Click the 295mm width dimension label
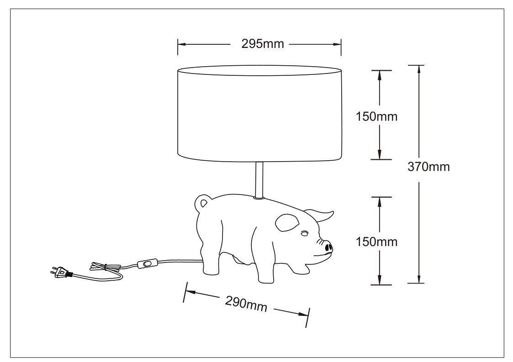pos(263,44)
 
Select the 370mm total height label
pos(428,167)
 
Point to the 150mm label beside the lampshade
pos(376,116)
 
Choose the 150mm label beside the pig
pos(376,241)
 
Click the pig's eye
pos(305,233)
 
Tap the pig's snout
pos(328,247)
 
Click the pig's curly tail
pos(201,202)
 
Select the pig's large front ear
pos(287,222)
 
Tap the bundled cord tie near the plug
pos(105,267)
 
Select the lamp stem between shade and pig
pos(259,180)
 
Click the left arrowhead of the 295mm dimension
pos(182,44)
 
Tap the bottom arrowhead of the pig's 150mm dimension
pos(380,280)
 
